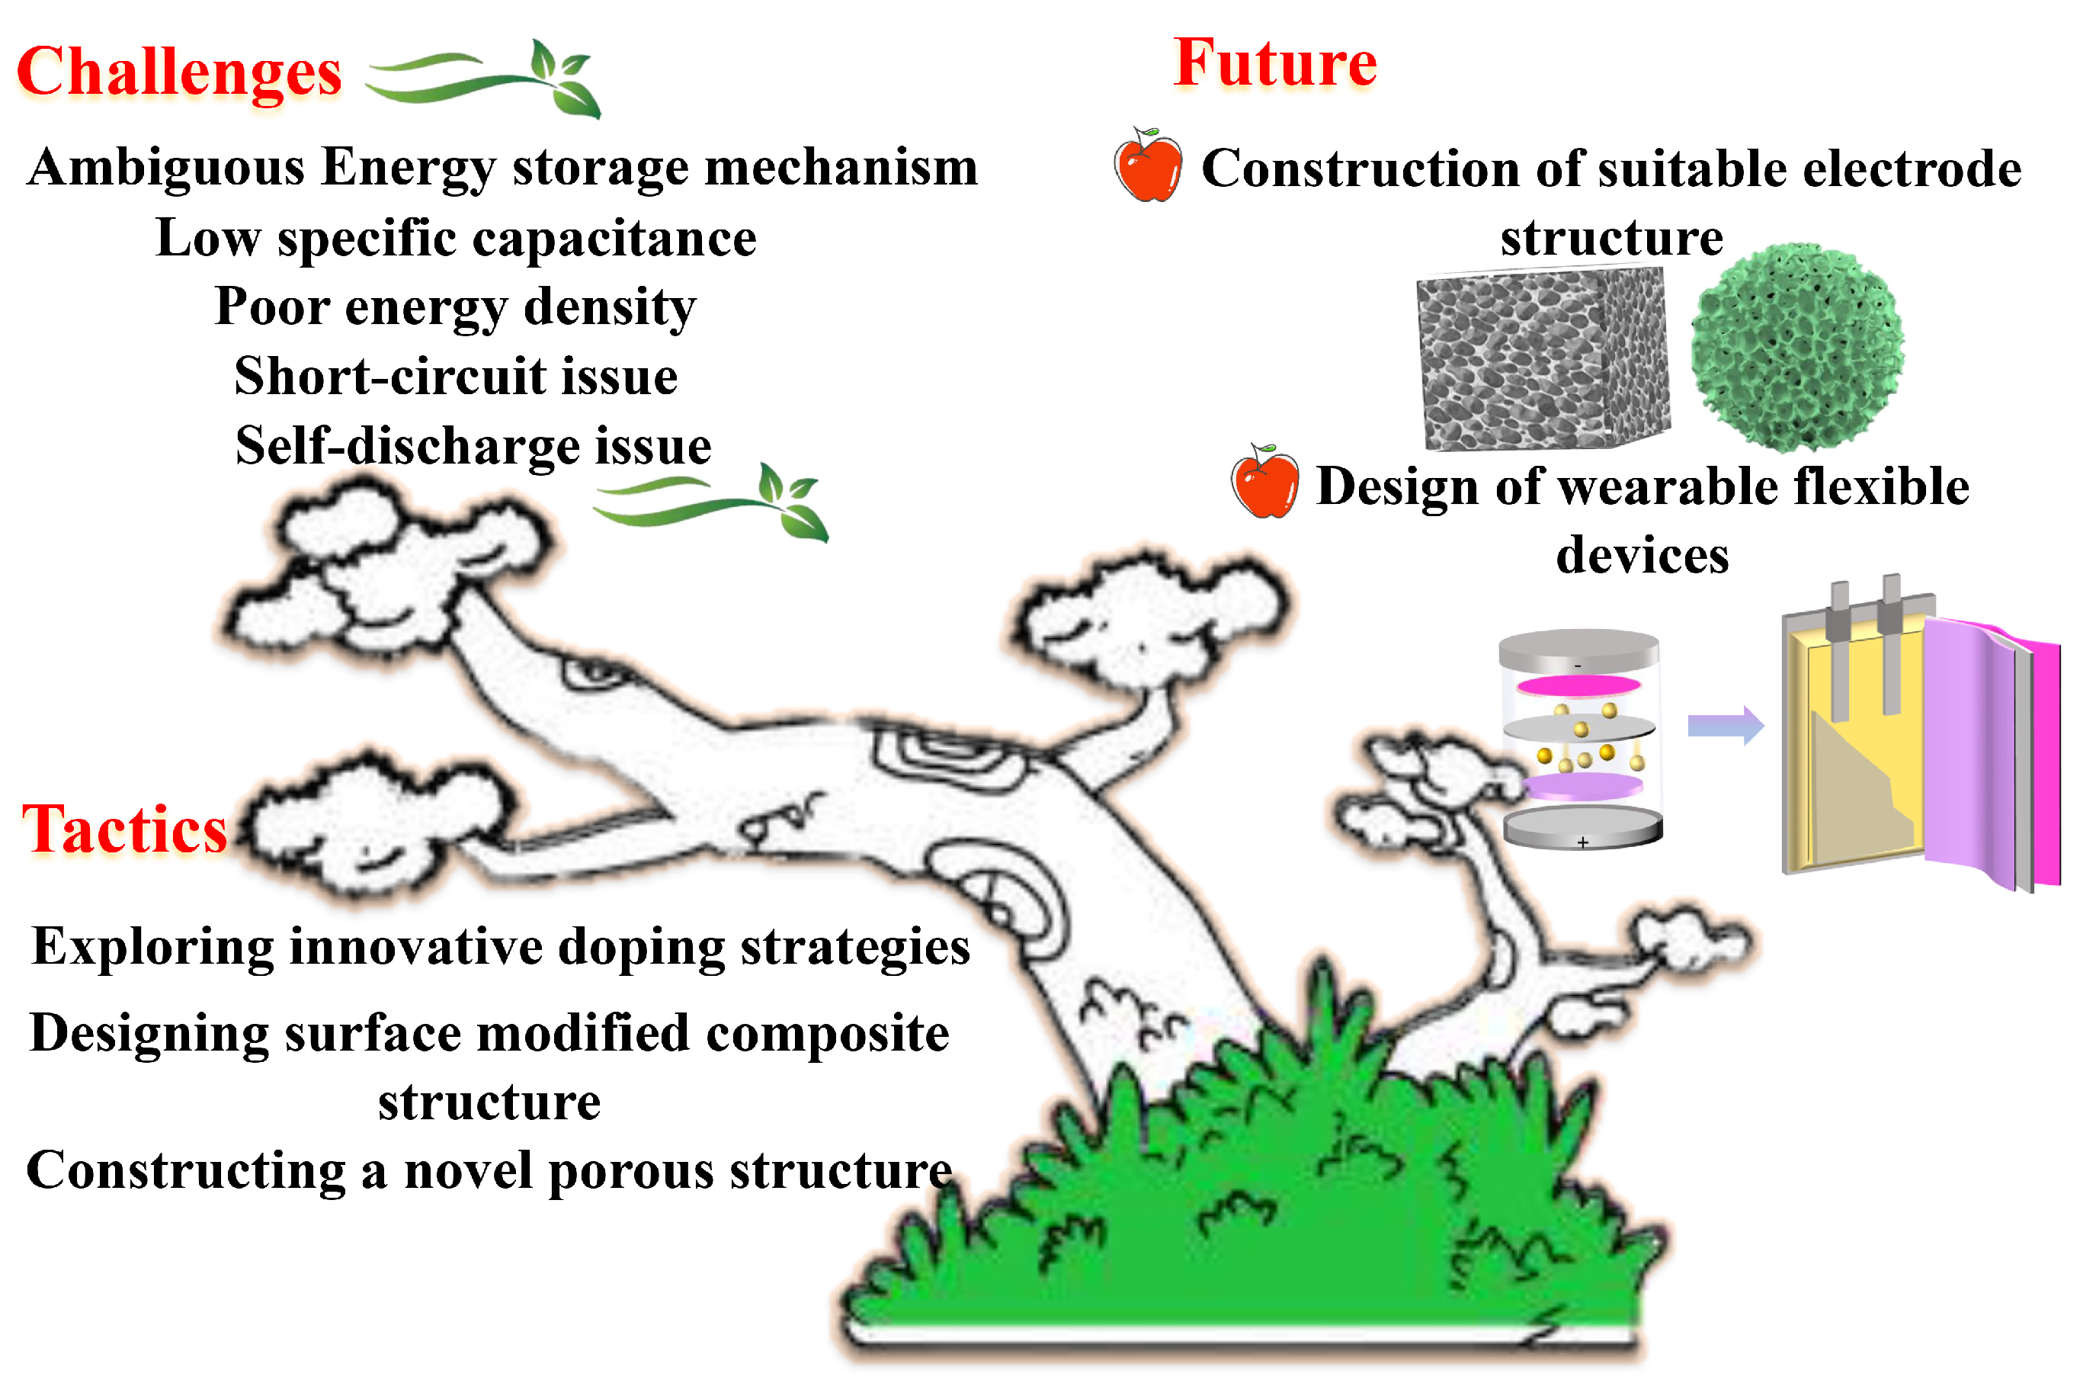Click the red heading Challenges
[x=179, y=72]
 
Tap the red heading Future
[x=1274, y=63]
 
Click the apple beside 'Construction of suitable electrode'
[x=1147, y=165]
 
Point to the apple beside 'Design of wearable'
[x=1264, y=482]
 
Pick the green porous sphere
[x=1796, y=348]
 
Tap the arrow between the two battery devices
[x=1725, y=726]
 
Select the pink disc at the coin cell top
[x=1578, y=685]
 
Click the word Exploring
[x=152, y=947]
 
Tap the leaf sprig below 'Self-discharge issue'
[x=710, y=501]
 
